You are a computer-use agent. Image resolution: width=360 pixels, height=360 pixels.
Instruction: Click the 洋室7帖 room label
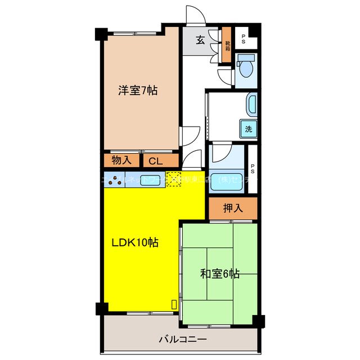pyautogui.click(x=137, y=90)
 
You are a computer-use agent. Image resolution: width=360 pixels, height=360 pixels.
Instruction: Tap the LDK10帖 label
pyautogui.click(x=134, y=242)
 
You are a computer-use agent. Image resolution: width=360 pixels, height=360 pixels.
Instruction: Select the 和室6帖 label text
pyautogui.click(x=220, y=274)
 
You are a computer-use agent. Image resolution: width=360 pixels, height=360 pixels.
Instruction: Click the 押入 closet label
pyautogui.click(x=233, y=208)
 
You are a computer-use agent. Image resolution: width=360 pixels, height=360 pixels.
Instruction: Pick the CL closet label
pyautogui.click(x=155, y=161)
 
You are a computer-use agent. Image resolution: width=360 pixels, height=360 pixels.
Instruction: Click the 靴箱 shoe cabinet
pyautogui.click(x=227, y=42)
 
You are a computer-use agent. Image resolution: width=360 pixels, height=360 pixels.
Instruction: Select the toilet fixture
pyautogui.click(x=246, y=67)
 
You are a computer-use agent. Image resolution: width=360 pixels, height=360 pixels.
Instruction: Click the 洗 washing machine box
pyautogui.click(x=248, y=128)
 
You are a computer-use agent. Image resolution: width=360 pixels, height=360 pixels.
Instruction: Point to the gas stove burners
pyautogui.click(x=115, y=181)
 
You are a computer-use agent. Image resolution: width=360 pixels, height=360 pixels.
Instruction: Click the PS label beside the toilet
pyautogui.click(x=243, y=39)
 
